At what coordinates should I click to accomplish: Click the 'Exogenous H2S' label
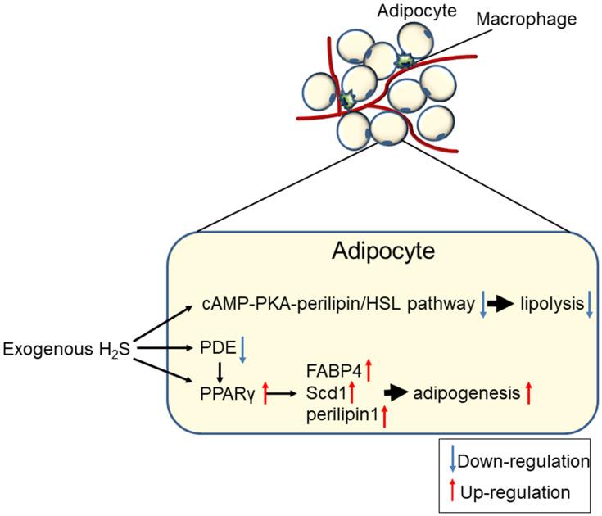65,351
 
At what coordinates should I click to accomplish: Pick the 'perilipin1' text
341,417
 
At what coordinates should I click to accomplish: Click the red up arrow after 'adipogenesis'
530,394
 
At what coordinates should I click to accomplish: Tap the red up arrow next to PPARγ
264,394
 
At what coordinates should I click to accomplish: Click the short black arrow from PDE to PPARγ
218,372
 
